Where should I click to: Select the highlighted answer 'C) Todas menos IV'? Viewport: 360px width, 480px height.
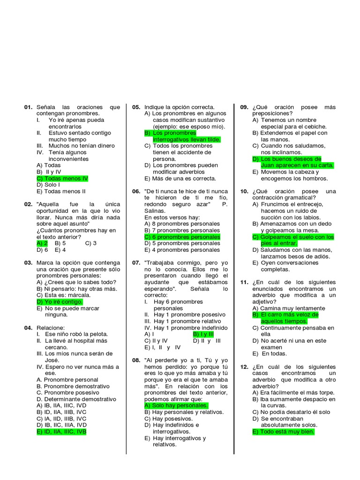tap(62, 179)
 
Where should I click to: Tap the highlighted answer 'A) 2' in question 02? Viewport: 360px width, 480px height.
tap(42, 243)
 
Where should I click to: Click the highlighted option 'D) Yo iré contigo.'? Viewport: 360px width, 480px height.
tap(60, 302)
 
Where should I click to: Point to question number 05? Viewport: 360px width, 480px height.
tap(136, 107)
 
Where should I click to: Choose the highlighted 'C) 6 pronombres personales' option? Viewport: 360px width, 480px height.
tap(182, 237)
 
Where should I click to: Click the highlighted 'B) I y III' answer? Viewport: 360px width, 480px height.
tap(203, 334)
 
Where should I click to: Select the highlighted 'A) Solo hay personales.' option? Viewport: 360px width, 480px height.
tap(176, 405)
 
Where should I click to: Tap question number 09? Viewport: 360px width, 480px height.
tap(244, 107)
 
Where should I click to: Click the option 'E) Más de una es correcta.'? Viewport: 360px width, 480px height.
tap(180, 179)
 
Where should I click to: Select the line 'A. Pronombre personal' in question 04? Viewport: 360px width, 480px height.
tap(67, 380)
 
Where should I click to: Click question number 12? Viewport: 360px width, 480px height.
tap(244, 367)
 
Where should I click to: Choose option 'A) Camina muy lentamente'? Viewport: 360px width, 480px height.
tap(288, 308)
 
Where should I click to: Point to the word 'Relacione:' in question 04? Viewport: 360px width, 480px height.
tap(51, 328)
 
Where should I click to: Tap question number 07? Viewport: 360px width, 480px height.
tap(136, 263)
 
